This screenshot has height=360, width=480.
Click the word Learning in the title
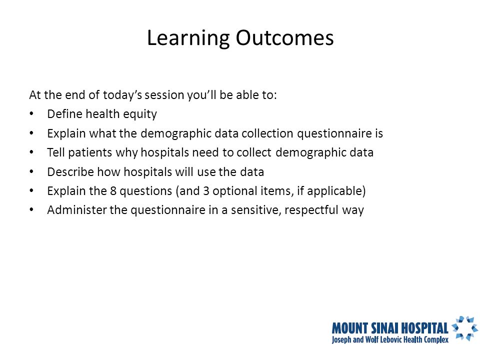coord(188,38)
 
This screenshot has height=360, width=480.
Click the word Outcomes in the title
coord(284,38)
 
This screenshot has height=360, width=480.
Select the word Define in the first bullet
coord(64,114)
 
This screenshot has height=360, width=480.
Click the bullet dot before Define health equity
coord(31,114)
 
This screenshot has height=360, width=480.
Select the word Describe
coord(70,172)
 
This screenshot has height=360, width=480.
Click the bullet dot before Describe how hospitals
coord(31,171)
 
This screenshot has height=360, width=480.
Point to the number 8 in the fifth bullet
coord(113,191)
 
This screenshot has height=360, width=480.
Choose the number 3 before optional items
coord(206,191)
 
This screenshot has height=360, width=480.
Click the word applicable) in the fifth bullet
coord(336,191)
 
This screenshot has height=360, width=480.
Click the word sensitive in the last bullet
coord(256,210)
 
